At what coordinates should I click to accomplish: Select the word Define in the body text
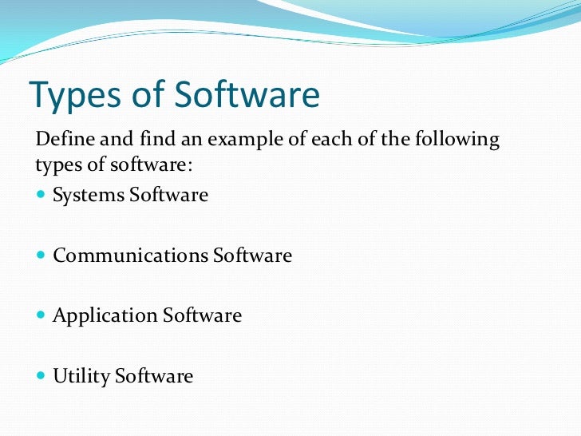click(62, 141)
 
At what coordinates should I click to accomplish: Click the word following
click(459, 141)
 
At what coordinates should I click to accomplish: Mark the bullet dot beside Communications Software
click(41, 256)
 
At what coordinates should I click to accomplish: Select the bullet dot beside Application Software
click(41, 315)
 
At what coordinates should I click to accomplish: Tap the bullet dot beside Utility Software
click(41, 375)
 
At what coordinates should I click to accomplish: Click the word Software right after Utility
click(154, 375)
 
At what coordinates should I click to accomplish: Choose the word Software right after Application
click(203, 315)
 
